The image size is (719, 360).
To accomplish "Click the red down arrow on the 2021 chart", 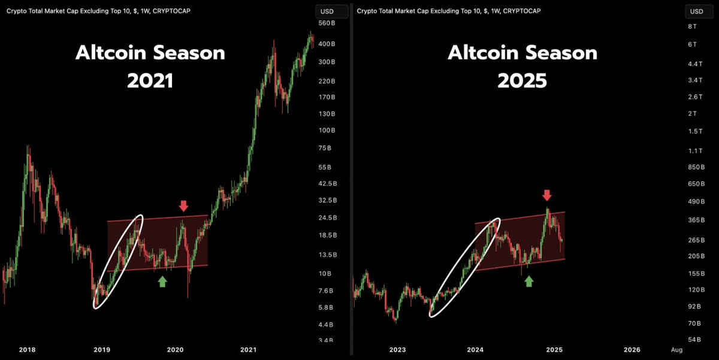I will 183,206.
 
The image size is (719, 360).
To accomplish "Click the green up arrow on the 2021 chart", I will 162,282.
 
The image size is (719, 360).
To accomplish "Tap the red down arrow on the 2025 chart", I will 546,195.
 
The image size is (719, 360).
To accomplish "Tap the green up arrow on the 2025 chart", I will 528,282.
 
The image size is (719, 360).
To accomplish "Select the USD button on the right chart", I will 697,11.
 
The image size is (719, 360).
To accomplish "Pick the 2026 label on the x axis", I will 632,349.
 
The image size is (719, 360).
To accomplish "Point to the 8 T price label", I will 692,26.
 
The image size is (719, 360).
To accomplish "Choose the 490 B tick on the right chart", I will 695,201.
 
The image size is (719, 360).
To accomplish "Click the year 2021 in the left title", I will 150,80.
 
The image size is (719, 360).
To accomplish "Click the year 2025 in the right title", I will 522,80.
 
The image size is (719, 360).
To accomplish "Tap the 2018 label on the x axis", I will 27,349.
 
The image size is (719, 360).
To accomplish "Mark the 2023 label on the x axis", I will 397,349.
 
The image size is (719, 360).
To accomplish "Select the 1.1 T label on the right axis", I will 694,151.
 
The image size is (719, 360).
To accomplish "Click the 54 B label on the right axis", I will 694,340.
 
